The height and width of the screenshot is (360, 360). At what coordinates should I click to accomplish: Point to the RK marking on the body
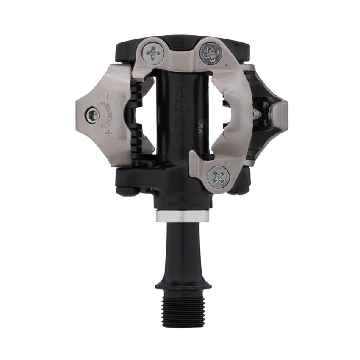199,128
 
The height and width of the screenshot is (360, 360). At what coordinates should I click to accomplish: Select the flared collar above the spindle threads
183,283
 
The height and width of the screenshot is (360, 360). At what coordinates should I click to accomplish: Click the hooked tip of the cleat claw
196,158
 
